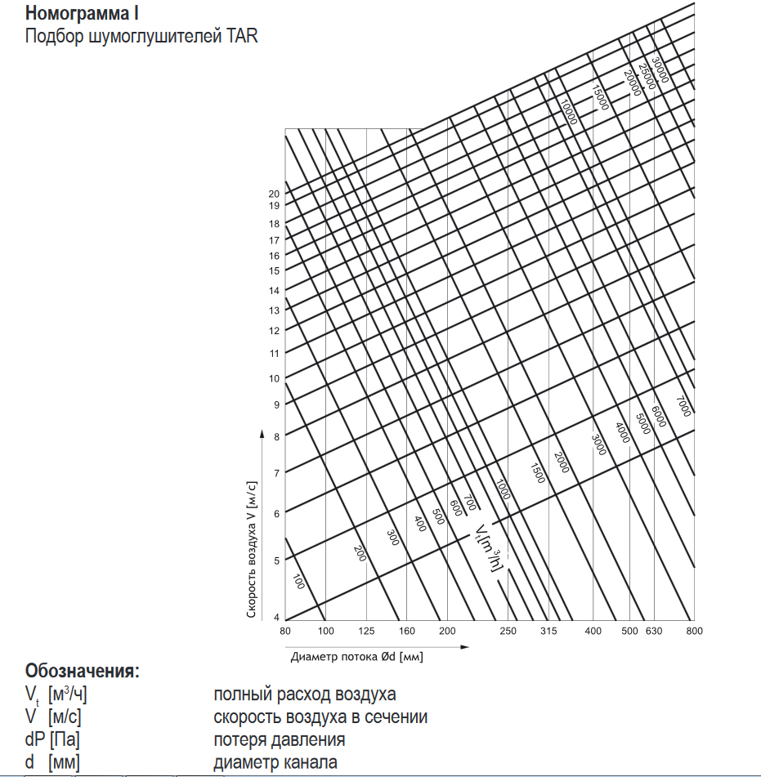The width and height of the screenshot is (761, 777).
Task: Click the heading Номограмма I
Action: [x=82, y=14]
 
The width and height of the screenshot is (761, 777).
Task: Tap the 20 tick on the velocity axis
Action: [x=275, y=194]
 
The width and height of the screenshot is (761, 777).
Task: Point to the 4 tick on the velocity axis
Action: [x=276, y=617]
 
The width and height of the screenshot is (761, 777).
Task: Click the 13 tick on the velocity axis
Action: [x=275, y=310]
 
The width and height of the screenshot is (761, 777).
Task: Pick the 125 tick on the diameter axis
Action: [x=366, y=631]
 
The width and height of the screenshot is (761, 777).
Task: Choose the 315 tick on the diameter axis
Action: [x=548, y=631]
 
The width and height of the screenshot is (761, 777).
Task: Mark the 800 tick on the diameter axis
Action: [x=694, y=631]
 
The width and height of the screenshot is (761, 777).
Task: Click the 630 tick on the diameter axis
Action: [x=653, y=631]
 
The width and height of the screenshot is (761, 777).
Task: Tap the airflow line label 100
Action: [x=298, y=582]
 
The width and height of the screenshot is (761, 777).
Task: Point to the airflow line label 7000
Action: [x=683, y=406]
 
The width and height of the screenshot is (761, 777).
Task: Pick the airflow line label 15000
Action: [x=601, y=97]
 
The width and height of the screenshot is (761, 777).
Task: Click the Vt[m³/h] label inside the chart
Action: [x=488, y=547]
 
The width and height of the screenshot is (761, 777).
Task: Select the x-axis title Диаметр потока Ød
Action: [x=356, y=655]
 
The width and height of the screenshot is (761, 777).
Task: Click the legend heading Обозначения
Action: [x=83, y=672]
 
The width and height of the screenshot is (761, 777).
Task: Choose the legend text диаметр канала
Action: [x=275, y=762]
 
